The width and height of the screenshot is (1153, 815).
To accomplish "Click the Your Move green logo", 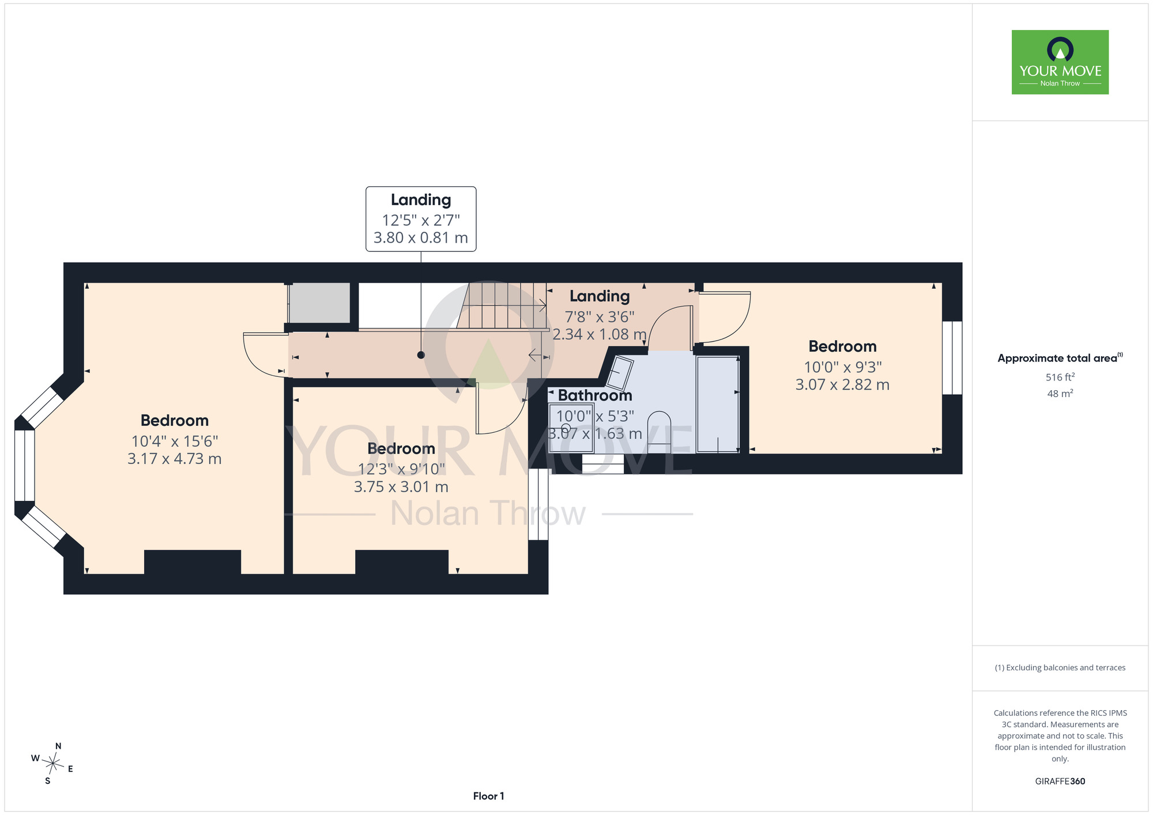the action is (x=1060, y=62).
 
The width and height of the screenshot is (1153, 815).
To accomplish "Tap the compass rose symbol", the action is (x=52, y=764).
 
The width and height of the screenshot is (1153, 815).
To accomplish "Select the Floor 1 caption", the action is (x=488, y=796).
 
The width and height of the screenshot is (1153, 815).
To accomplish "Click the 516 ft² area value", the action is (x=1060, y=377).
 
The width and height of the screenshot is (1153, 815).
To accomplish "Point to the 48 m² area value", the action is (x=1060, y=394).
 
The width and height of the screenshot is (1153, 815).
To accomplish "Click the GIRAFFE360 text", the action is (x=1060, y=782).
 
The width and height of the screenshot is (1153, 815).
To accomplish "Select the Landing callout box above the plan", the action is (x=421, y=219).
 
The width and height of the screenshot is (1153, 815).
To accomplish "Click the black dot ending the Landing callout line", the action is (x=421, y=355).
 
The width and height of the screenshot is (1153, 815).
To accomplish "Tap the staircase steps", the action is (x=502, y=305).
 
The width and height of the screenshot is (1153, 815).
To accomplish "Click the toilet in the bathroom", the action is (x=660, y=432).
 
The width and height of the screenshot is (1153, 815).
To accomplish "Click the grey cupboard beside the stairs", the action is (x=319, y=303).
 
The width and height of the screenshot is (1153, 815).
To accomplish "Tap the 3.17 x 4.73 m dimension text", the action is (x=175, y=459).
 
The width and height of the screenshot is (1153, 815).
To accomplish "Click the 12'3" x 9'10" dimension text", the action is (x=401, y=469).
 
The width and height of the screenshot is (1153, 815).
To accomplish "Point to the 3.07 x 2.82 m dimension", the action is (x=842, y=384).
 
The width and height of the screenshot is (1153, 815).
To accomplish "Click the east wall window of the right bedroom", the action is (x=952, y=358).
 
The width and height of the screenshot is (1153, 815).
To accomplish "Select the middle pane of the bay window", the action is (x=25, y=466).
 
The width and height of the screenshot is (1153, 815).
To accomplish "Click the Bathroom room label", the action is (x=595, y=395).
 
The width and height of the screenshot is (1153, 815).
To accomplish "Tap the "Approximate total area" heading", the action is (x=1060, y=358).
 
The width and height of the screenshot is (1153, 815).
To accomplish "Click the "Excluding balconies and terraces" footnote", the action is (x=1060, y=667).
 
